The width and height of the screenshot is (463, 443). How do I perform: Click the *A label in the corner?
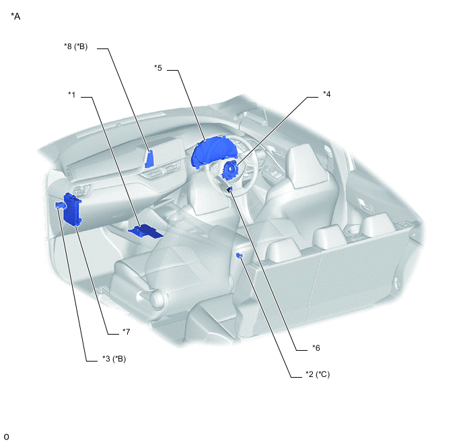(x=15, y=16)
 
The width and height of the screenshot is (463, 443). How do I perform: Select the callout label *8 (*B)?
(x=76, y=46)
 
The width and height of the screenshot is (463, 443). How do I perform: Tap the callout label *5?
(x=158, y=68)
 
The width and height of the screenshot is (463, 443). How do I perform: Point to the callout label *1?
(x=72, y=94)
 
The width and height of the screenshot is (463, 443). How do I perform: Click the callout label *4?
(x=326, y=94)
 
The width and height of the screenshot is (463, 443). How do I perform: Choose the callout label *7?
(x=126, y=332)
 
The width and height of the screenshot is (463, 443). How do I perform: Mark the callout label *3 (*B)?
(x=114, y=359)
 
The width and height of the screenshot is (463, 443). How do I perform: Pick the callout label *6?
(x=316, y=348)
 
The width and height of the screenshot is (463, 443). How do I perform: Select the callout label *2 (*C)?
(x=318, y=374)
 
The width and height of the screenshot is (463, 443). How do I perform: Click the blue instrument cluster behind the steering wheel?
(x=208, y=153)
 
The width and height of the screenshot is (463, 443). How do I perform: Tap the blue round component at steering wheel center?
(x=229, y=170)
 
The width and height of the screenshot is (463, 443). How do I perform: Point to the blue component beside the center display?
(x=149, y=159)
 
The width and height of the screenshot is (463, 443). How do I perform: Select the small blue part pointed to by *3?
(x=59, y=205)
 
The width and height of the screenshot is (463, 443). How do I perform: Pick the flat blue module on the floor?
(x=145, y=231)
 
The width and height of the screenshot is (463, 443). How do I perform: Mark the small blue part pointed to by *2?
(x=240, y=255)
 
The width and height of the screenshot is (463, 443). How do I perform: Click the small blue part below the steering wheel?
(x=229, y=189)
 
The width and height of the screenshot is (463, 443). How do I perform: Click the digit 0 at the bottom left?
(x=7, y=436)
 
